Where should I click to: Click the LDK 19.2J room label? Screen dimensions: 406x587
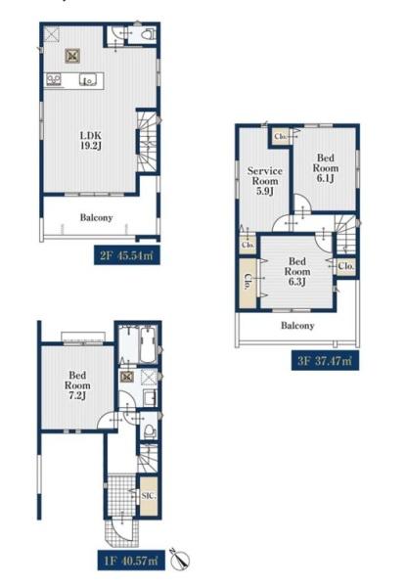point(91,140)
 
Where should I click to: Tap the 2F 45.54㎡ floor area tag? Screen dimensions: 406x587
point(127,256)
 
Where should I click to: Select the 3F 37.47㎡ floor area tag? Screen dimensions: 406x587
point(325,361)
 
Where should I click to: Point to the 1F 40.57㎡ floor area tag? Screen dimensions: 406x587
point(131,561)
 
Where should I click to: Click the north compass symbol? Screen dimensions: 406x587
point(179,560)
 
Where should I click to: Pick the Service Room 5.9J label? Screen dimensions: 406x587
point(264,181)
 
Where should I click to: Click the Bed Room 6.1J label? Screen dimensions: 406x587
point(326,168)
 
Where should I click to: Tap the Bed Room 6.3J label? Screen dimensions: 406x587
point(297,271)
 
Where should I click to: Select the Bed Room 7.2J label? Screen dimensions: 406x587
point(77,385)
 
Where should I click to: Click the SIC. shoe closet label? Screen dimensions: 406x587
point(149,496)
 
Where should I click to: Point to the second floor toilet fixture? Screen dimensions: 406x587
point(150,34)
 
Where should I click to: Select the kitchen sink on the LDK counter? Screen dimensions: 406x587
point(88,80)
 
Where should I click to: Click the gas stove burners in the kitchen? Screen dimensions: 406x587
point(53,80)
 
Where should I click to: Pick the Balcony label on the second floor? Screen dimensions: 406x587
point(96,217)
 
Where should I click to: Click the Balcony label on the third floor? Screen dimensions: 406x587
point(297,326)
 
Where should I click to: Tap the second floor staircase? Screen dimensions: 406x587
point(147,142)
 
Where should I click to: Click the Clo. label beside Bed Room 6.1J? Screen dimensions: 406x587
point(281,136)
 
